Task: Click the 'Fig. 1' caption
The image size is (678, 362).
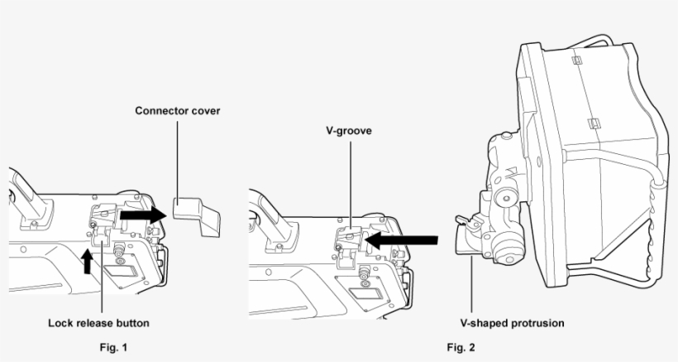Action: pos(110,346)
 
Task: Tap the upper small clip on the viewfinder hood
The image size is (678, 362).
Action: pos(578,60)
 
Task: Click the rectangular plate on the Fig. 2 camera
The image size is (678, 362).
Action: pos(364,293)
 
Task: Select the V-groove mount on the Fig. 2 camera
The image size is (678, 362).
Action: pos(349,240)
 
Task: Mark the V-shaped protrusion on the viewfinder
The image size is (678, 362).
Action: pos(468,240)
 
